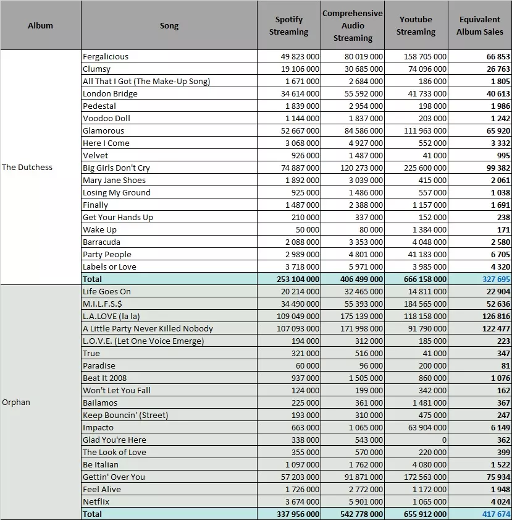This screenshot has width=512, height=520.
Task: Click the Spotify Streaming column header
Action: (288, 25)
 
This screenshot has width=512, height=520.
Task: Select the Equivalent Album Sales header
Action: (479, 25)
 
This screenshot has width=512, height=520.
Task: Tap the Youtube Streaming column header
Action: (416, 25)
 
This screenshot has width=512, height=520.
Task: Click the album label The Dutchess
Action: (27, 167)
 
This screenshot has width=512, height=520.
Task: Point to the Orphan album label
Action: (16, 403)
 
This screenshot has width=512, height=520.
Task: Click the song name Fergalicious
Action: (106, 57)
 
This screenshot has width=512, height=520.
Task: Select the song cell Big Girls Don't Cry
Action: (116, 168)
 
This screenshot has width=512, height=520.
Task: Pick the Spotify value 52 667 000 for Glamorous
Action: (300, 130)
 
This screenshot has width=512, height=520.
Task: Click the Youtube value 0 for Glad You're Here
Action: (444, 440)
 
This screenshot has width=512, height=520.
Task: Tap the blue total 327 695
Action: (496, 279)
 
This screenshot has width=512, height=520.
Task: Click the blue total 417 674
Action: (496, 514)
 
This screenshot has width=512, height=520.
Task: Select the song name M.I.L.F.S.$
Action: (103, 304)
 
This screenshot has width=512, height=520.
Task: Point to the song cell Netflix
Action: (96, 502)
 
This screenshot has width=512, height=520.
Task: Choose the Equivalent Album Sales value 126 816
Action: (496, 316)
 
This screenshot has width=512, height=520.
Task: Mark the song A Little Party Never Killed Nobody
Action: (148, 329)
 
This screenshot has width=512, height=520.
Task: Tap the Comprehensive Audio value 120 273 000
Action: (362, 168)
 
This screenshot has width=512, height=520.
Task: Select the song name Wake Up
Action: (99, 230)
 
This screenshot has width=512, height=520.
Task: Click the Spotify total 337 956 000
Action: (298, 514)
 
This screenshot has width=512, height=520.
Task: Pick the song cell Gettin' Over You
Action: (114, 477)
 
